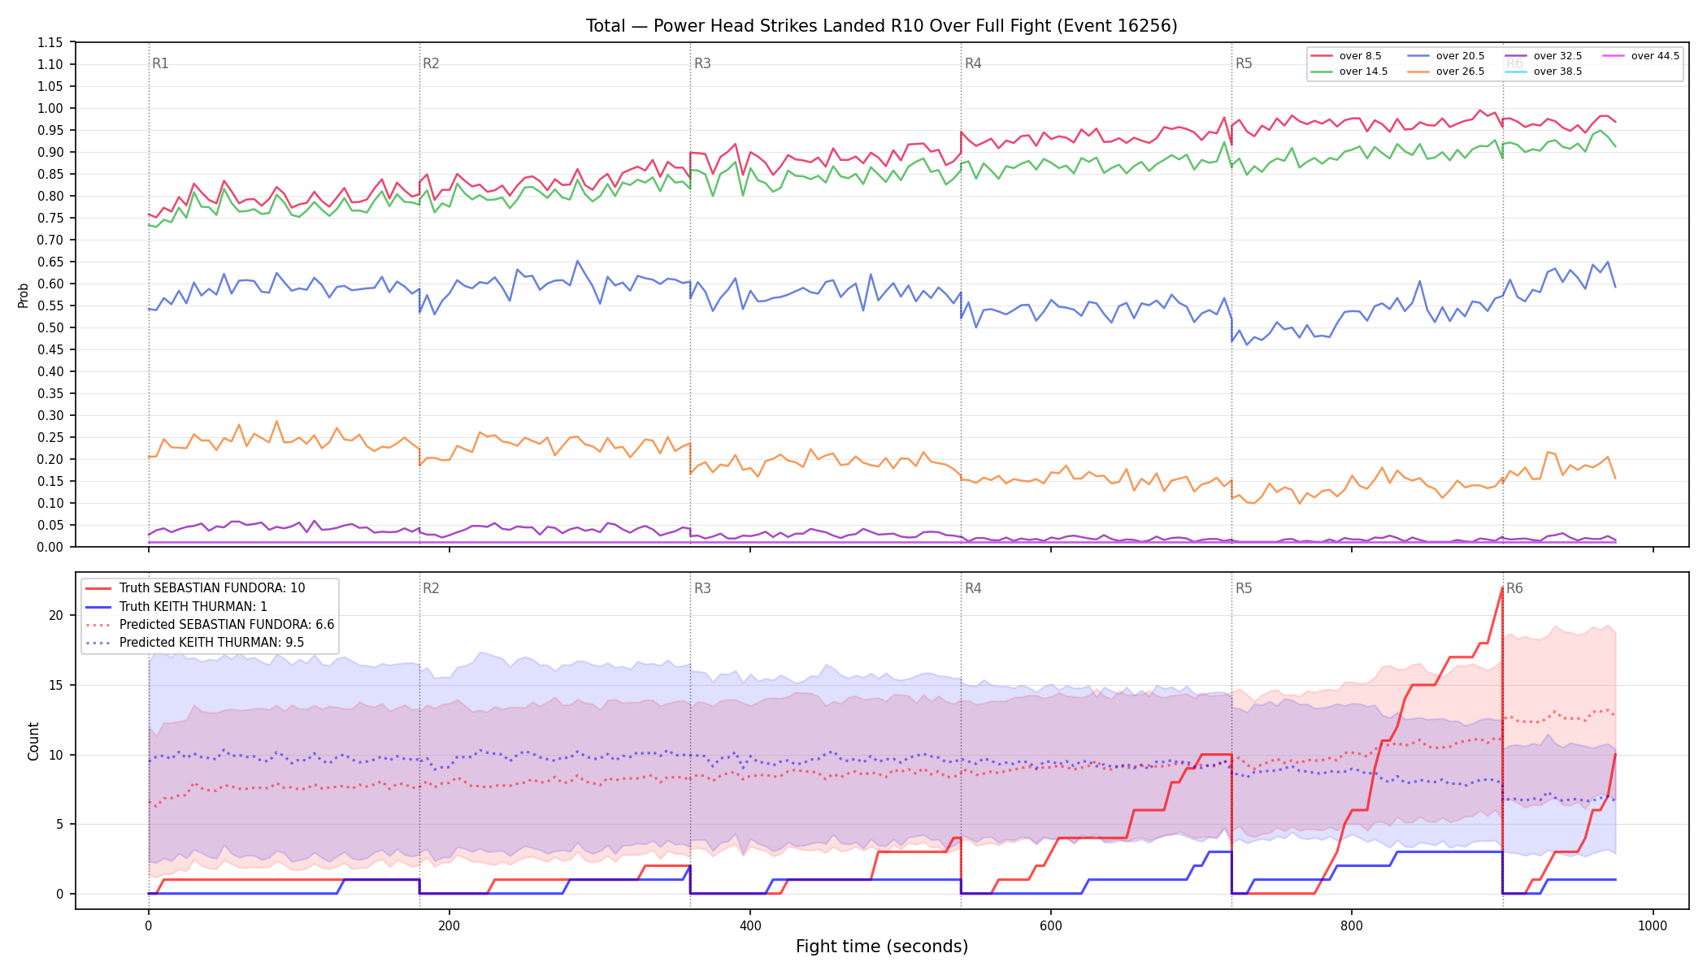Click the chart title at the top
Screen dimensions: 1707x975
click(x=881, y=26)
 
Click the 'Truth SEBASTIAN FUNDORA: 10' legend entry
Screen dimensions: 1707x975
click(x=195, y=588)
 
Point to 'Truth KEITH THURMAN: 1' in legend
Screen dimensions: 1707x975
click(x=176, y=607)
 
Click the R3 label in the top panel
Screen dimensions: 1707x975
click(x=702, y=63)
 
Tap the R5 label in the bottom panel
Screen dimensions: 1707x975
click(x=1244, y=588)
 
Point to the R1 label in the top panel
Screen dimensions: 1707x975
click(x=160, y=63)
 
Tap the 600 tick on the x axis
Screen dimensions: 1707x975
click(x=1051, y=925)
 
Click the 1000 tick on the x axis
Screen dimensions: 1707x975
click(x=1653, y=925)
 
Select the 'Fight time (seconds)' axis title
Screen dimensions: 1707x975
click(x=882, y=947)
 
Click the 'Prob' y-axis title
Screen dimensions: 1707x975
click(x=24, y=295)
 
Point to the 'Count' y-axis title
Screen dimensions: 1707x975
click(x=33, y=741)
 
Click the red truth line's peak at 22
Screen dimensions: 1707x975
click(x=1501, y=587)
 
